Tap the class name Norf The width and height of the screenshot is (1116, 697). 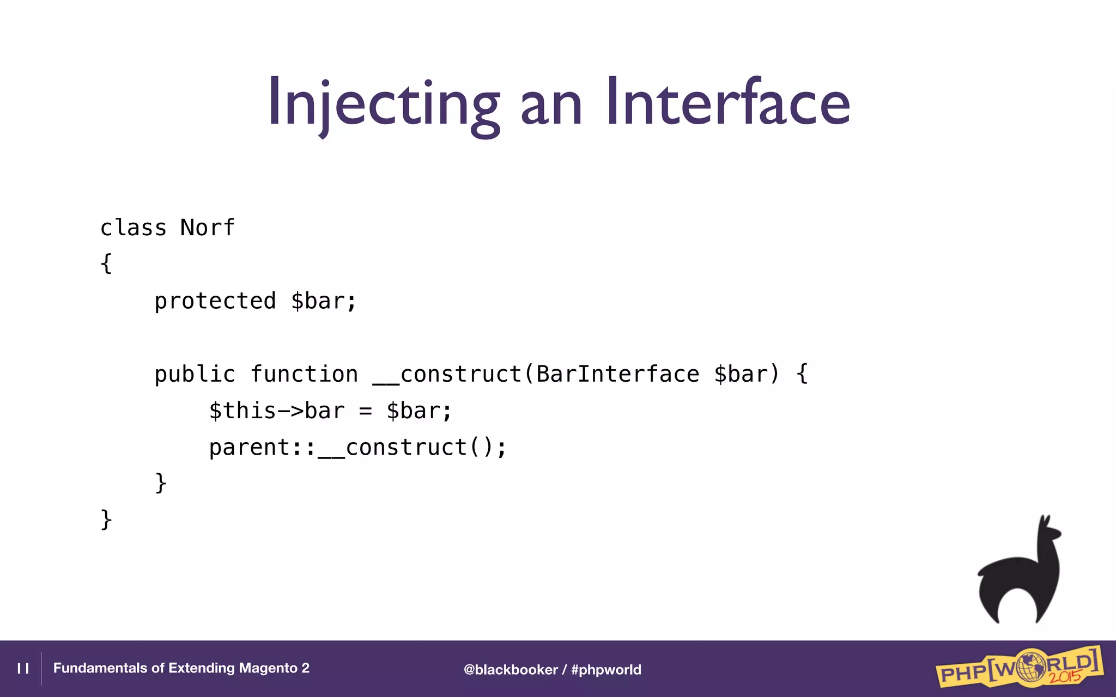tap(207, 228)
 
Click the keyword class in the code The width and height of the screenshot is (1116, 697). tap(133, 228)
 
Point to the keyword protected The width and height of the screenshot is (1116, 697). tap(215, 301)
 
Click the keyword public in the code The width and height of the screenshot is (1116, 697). tap(195, 375)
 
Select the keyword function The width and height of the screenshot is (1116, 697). tap(304, 375)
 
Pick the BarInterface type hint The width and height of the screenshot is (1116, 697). tap(617, 375)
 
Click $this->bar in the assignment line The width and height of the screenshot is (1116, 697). tap(277, 411)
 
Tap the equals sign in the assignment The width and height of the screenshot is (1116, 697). tap(366, 412)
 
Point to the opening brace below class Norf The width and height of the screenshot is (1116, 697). tap(106, 264)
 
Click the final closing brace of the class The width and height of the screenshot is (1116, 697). tap(106, 519)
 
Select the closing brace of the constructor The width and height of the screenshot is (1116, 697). tap(161, 483)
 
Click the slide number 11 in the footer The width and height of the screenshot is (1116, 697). tap(23, 669)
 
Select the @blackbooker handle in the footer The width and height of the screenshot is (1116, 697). tap(511, 670)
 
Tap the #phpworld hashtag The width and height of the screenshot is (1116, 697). tap(606, 670)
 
